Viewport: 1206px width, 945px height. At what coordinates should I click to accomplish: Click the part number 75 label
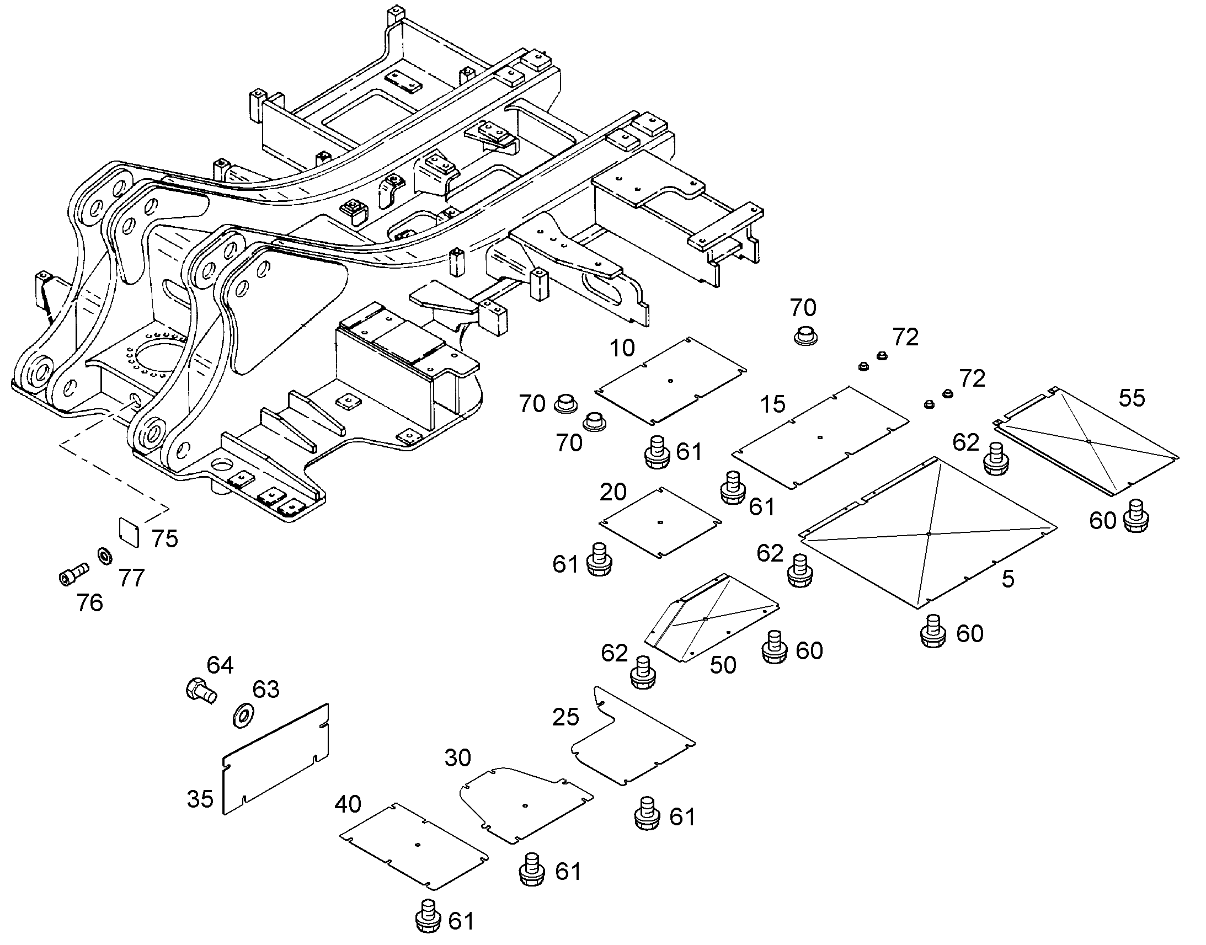pyautogui.click(x=165, y=538)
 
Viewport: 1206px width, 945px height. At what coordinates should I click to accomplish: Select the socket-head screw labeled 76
pyautogui.click(x=73, y=573)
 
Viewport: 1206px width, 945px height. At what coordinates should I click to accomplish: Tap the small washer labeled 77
pyautogui.click(x=104, y=554)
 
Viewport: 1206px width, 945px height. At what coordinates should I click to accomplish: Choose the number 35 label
pyautogui.click(x=200, y=799)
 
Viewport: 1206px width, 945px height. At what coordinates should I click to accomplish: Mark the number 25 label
pyautogui.click(x=565, y=718)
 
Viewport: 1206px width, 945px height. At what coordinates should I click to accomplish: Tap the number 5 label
pyautogui.click(x=1008, y=579)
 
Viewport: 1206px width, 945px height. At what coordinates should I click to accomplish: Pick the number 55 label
pyautogui.click(x=1132, y=398)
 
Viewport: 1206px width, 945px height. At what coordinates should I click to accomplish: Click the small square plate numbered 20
pyautogui.click(x=660, y=522)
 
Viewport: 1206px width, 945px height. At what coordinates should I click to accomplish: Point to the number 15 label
pyautogui.click(x=772, y=404)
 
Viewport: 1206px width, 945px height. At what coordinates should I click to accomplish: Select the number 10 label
pyautogui.click(x=622, y=348)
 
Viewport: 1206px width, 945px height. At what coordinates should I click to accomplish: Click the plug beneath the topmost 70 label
pyautogui.click(x=806, y=335)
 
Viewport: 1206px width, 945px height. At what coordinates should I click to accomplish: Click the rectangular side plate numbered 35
pyautogui.click(x=275, y=759)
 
